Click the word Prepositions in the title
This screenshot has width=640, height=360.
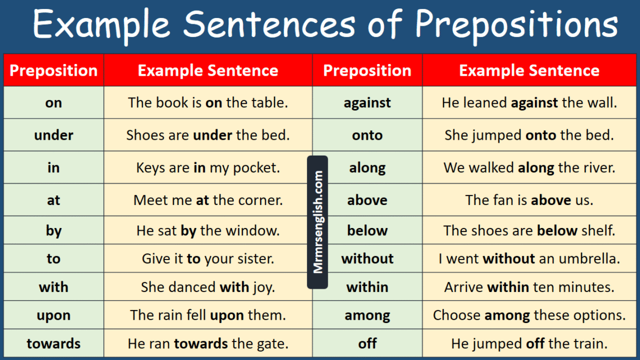click(516, 25)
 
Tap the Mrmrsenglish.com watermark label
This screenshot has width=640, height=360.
click(318, 222)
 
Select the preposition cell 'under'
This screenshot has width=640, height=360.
click(53, 135)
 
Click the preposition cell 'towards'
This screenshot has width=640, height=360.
click(53, 343)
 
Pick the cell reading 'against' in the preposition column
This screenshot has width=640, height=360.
click(367, 103)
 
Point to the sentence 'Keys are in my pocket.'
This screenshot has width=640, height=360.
click(208, 167)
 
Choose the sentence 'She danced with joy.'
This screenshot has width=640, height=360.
click(208, 287)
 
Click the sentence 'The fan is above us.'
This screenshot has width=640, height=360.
click(529, 200)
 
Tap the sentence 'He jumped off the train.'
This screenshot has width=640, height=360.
click(529, 343)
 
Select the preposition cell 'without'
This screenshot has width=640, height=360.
click(367, 259)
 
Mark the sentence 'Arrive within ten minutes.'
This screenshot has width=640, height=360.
click(529, 287)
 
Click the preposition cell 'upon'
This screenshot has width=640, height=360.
click(53, 316)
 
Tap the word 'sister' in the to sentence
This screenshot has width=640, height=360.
click(254, 259)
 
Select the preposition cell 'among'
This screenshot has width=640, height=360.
click(367, 316)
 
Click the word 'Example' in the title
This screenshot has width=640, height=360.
click(101, 25)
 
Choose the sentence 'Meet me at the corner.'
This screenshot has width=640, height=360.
click(208, 200)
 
